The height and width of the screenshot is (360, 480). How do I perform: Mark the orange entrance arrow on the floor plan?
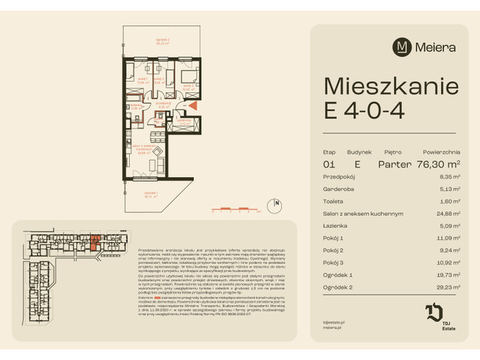[193, 106]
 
